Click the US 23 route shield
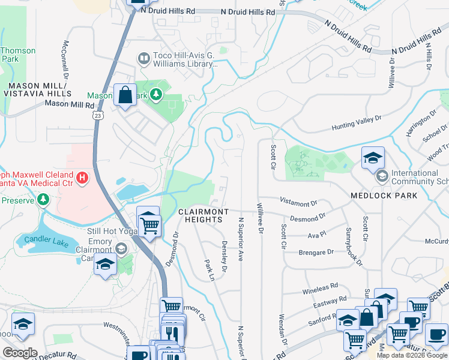97,114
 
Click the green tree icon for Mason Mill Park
156,95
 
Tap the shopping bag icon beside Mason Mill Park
124,95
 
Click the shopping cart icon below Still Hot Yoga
149,225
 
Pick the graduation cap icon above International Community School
373,158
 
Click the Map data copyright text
412,355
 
